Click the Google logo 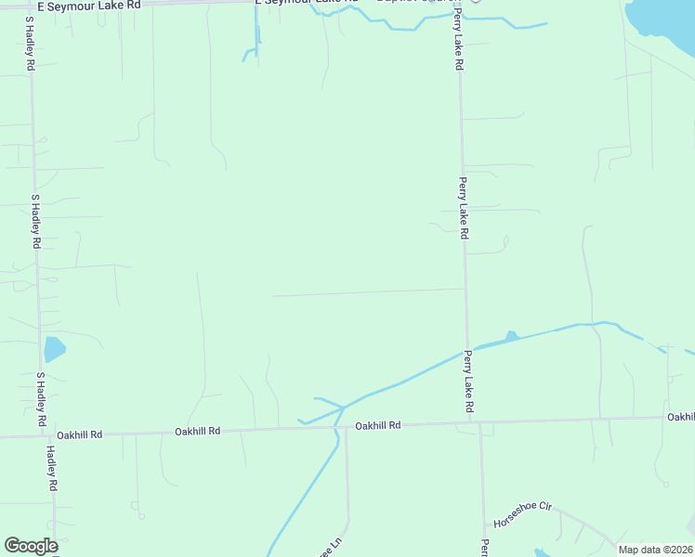(x=31, y=546)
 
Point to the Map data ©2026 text (x=655, y=550)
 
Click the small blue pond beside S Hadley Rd (x=54, y=349)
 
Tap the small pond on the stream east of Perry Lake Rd (x=509, y=336)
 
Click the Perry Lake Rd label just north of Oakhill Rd (x=469, y=382)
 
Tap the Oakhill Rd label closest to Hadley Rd (x=79, y=434)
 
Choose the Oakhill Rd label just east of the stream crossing (x=377, y=425)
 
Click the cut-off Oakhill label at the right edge (x=680, y=417)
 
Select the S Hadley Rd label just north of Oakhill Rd (x=41, y=400)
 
